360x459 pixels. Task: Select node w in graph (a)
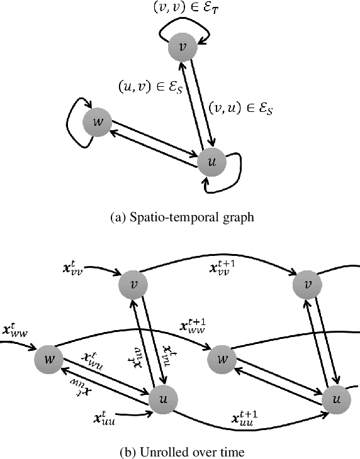pyautogui.click(x=98, y=121)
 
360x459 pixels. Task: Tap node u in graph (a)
pyautogui.click(x=211, y=162)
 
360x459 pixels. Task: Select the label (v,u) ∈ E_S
pyautogui.click(x=242, y=108)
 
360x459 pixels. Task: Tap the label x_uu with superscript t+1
pyautogui.click(x=243, y=418)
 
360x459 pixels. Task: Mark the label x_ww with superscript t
pyautogui.click(x=17, y=331)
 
